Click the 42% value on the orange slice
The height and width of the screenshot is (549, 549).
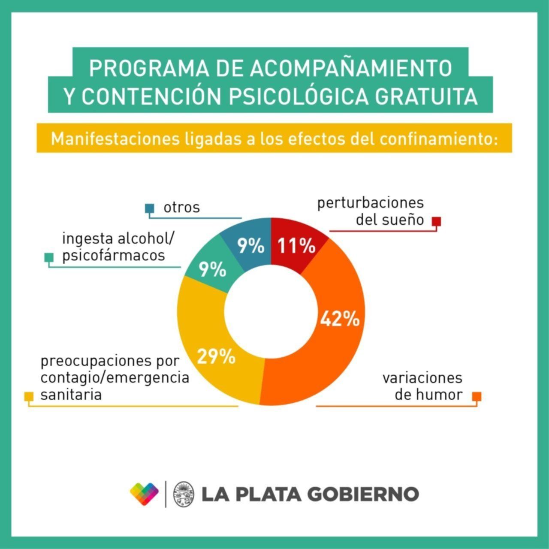tap(340, 319)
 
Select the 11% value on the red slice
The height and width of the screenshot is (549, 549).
tap(296, 246)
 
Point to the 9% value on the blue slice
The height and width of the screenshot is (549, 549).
tap(251, 246)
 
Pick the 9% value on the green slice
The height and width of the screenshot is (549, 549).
tap(212, 270)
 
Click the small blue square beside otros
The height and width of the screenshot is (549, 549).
tap(149, 208)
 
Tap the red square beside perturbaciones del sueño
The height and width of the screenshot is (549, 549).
tap(436, 221)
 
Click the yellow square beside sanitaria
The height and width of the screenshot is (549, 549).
tap(29, 396)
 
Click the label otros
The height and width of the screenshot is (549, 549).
tap(181, 208)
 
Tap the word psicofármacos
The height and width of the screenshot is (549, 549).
tap(114, 256)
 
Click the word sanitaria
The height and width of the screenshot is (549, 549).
tap(71, 395)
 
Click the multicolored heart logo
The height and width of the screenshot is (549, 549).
tap(144, 494)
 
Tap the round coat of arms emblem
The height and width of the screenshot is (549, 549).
tap(183, 494)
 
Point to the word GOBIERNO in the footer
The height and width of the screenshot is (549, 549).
tap(363, 494)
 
